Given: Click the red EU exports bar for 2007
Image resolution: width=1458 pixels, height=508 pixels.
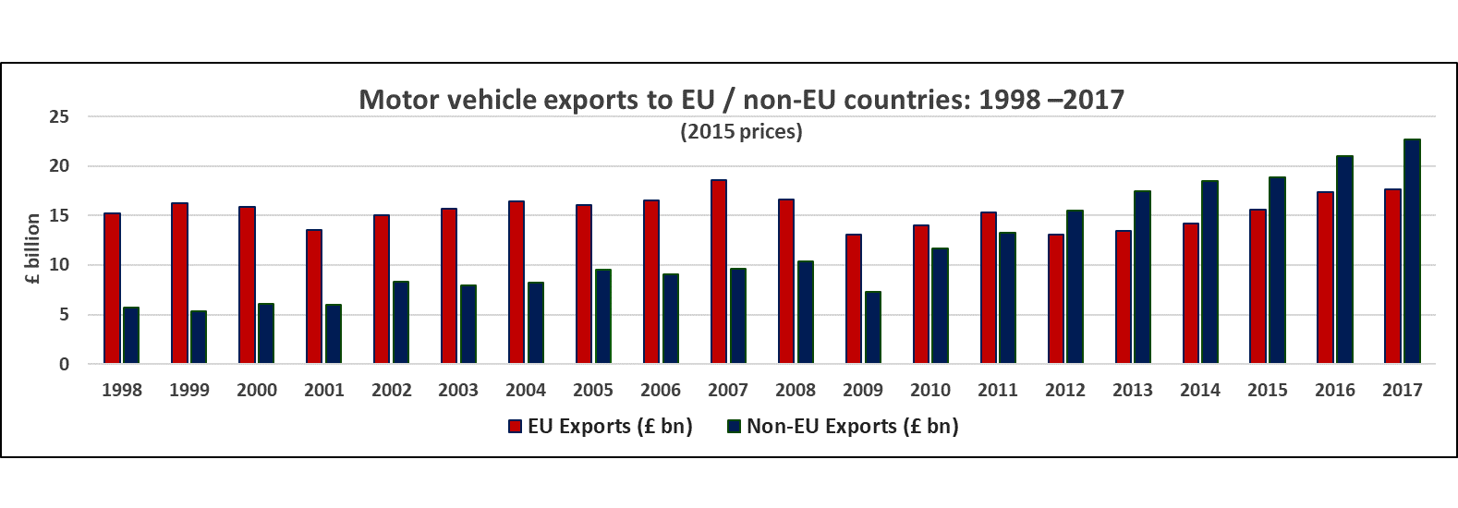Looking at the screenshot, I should [719, 272].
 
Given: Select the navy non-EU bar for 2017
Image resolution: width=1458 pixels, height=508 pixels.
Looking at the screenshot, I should [1412, 251].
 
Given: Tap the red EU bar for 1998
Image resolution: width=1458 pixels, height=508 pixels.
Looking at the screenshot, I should [112, 288].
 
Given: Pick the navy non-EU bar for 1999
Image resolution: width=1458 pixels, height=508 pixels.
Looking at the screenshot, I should [199, 337].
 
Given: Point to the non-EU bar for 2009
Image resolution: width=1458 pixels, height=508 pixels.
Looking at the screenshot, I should [873, 328].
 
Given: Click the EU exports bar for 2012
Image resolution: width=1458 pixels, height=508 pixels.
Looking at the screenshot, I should [1055, 298].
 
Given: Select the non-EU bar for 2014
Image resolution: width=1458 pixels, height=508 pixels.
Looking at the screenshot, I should [1209, 272].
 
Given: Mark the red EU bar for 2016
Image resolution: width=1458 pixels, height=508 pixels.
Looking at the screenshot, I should [1325, 277].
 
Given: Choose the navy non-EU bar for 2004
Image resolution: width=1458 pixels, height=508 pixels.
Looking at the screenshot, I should [536, 323].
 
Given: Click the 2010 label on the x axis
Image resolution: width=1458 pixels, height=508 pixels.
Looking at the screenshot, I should [930, 390].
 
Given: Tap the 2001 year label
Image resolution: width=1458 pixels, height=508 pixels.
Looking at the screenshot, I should [324, 390].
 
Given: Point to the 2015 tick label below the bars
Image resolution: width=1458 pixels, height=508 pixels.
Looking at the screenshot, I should [1268, 390].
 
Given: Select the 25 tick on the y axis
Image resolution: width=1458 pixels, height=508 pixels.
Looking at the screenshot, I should [59, 116].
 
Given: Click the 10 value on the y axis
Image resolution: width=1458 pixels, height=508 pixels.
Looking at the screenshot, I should [59, 265].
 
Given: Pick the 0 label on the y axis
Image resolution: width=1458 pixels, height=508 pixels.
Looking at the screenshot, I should [64, 364].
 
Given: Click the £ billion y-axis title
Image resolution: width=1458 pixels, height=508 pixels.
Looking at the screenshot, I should [33, 248].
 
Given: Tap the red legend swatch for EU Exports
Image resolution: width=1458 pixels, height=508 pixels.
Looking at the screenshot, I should [516, 427].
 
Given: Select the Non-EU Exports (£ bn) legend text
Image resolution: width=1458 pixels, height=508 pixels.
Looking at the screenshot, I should [852, 426].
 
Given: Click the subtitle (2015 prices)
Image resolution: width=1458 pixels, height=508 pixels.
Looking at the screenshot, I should [741, 131].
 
